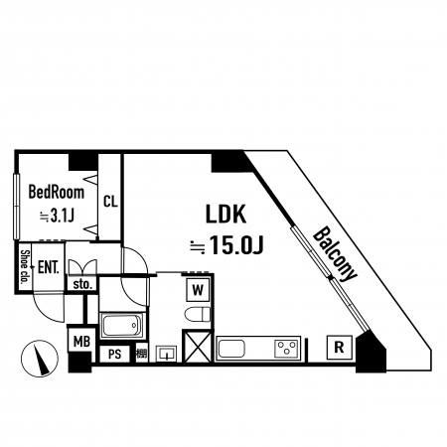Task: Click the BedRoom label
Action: point(57,193)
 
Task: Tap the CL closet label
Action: point(110,201)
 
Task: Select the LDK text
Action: point(226,215)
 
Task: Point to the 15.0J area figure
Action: point(236,246)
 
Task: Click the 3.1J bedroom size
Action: point(62,217)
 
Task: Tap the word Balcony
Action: point(335,254)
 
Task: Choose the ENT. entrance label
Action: point(49,267)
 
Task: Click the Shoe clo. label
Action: point(24,267)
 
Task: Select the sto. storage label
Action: point(81,284)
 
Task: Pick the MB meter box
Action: point(81,342)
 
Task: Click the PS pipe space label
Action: point(115,355)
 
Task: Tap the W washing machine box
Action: point(198,290)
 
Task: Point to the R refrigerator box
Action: point(339,348)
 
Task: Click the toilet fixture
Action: point(198,314)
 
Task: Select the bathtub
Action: point(122,326)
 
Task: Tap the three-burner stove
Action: point(287,349)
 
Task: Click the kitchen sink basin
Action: point(231,349)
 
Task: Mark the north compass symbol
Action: point(40,359)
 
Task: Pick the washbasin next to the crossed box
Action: point(167,354)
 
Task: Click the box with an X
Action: point(198,347)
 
